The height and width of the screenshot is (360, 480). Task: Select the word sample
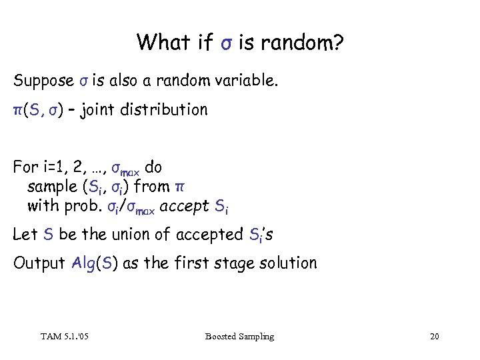pos(51,187)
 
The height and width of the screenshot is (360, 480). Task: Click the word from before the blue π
pos(153,186)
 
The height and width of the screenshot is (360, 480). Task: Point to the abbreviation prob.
pos(83,206)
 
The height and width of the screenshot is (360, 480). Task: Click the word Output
pos(39,263)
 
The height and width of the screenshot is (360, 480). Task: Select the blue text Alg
pos(83,263)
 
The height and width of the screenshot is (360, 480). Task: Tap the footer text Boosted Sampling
pos(239,337)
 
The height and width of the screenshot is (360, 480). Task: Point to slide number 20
pos(435,337)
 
